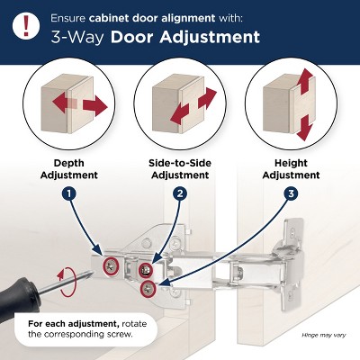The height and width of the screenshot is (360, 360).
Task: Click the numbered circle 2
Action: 180,193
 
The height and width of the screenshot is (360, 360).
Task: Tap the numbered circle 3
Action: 292,193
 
